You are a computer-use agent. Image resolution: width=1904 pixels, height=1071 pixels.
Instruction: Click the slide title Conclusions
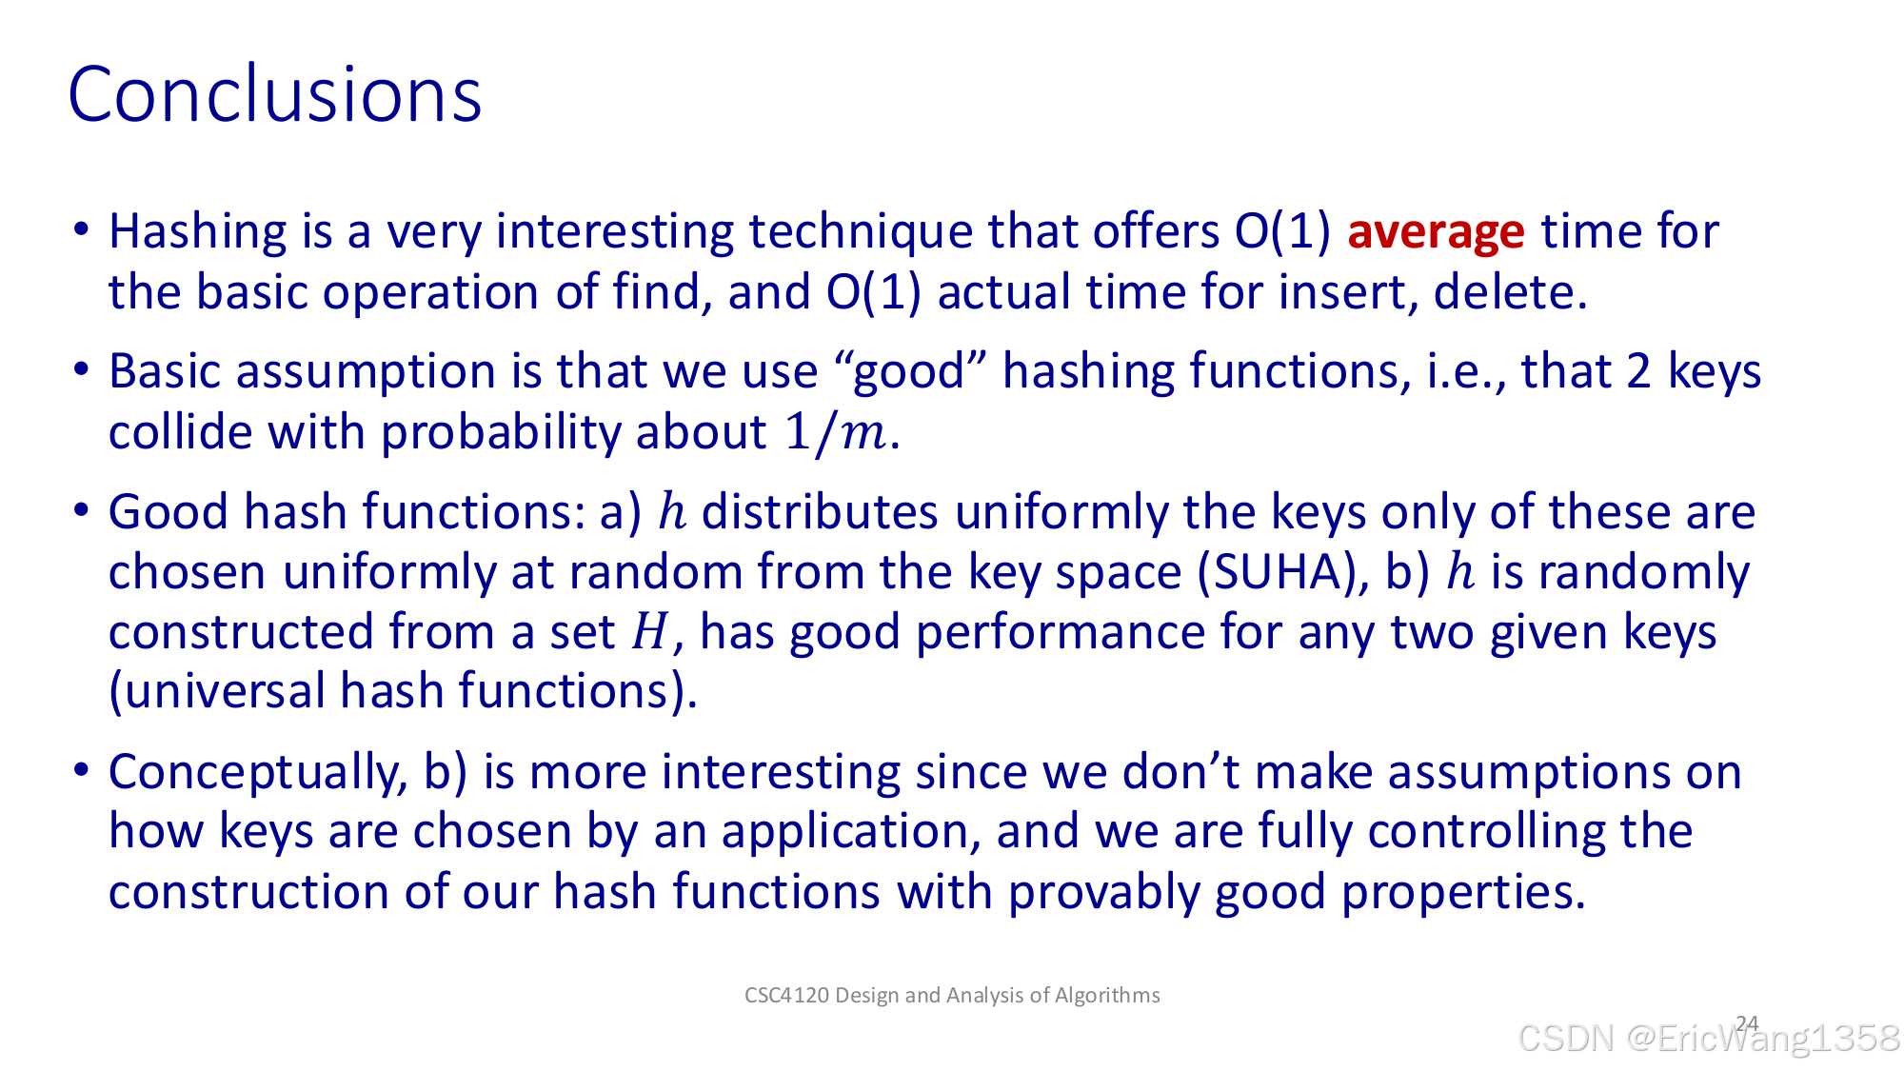275,94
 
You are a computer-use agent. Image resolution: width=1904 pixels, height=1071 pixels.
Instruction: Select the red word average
1436,232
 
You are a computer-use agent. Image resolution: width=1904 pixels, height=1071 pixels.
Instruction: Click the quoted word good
909,371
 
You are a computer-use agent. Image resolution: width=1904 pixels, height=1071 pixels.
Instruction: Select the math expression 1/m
835,433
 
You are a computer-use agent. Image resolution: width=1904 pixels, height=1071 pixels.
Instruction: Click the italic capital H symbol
650,632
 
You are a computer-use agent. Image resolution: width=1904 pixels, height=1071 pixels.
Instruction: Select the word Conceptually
258,773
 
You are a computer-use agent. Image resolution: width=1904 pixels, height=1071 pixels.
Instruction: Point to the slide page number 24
1747,1023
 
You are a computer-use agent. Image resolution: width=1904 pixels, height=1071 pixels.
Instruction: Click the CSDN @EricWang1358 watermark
1709,1038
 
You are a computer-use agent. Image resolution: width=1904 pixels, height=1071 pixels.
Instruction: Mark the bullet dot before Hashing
81,229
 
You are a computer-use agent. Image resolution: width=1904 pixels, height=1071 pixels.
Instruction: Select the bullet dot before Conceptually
81,769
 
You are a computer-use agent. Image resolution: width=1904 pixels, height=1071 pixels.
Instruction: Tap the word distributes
820,512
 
